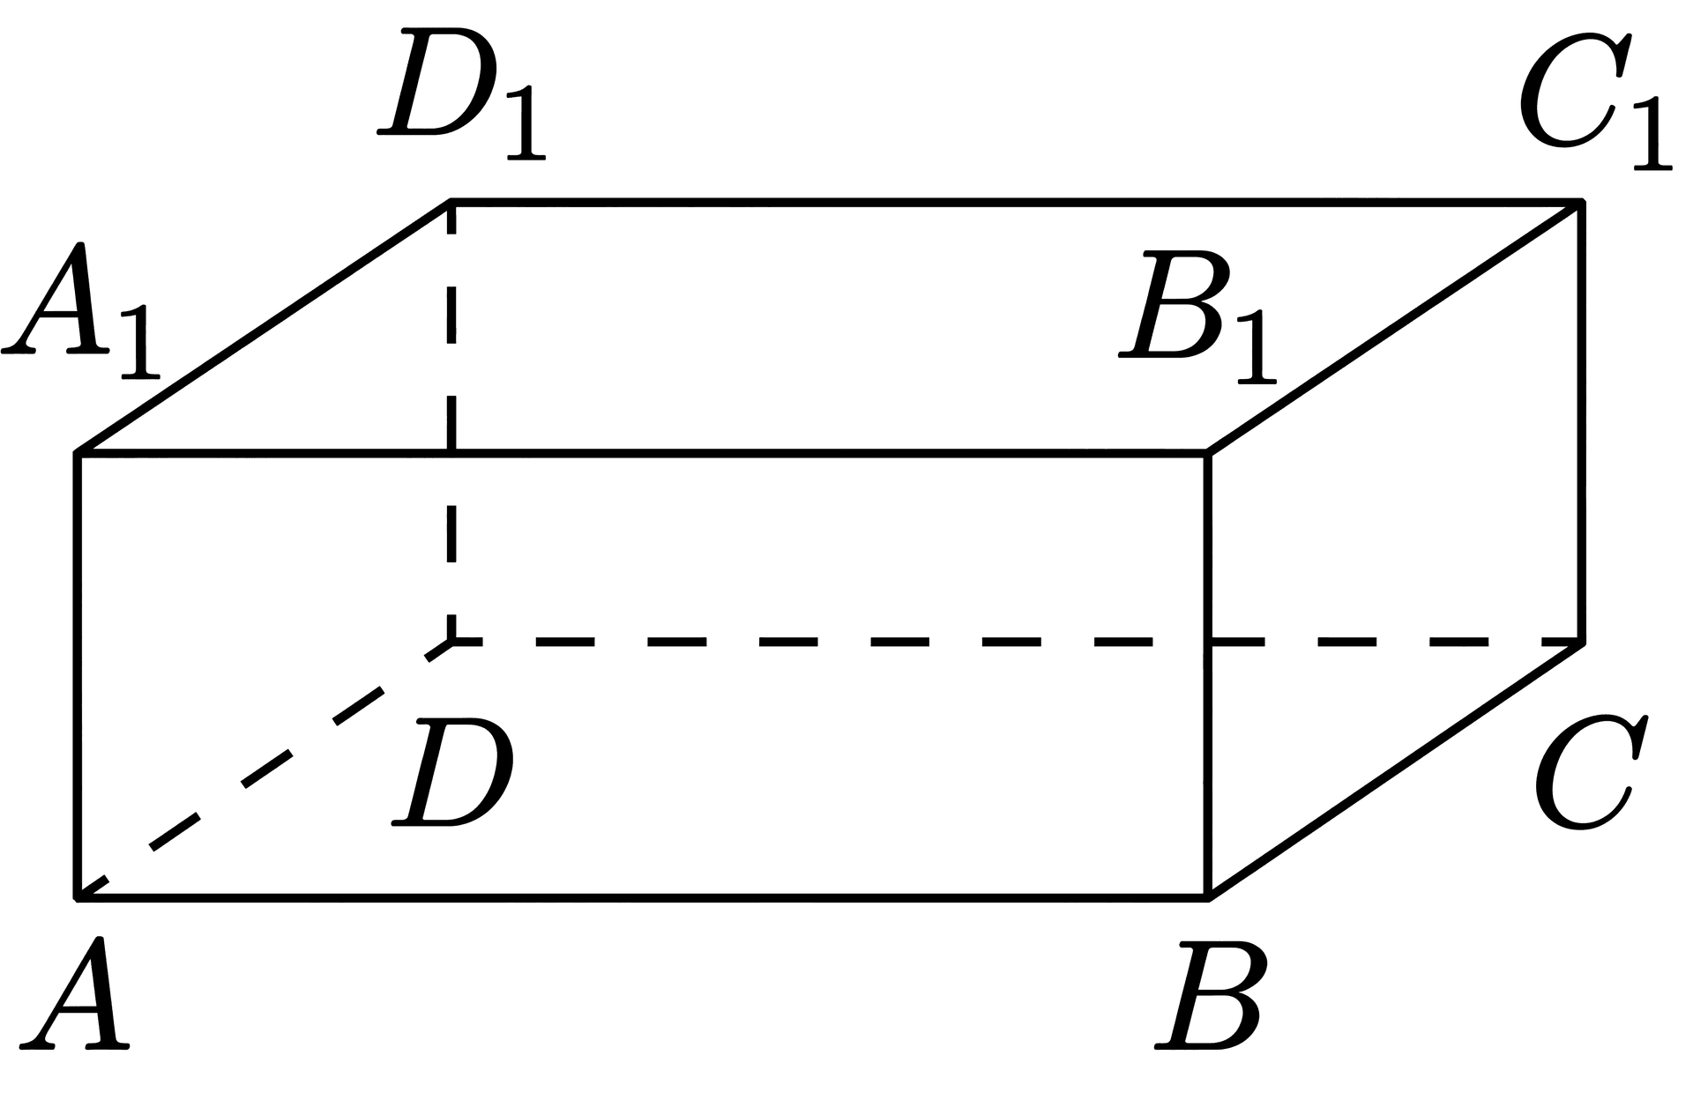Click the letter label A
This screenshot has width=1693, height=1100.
click(x=74, y=993)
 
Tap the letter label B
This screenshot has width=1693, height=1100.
click(x=1211, y=995)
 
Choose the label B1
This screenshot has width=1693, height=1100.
click(x=1197, y=318)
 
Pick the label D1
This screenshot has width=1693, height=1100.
click(x=461, y=95)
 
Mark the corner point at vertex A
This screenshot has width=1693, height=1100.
click(x=78, y=898)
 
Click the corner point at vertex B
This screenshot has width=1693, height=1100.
click(x=1208, y=898)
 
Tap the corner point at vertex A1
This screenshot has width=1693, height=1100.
click(x=78, y=454)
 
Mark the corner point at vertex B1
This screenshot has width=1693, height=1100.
click(x=1208, y=454)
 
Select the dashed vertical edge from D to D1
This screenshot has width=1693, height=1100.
click(x=451, y=422)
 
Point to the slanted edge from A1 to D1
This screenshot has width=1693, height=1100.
click(x=265, y=329)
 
